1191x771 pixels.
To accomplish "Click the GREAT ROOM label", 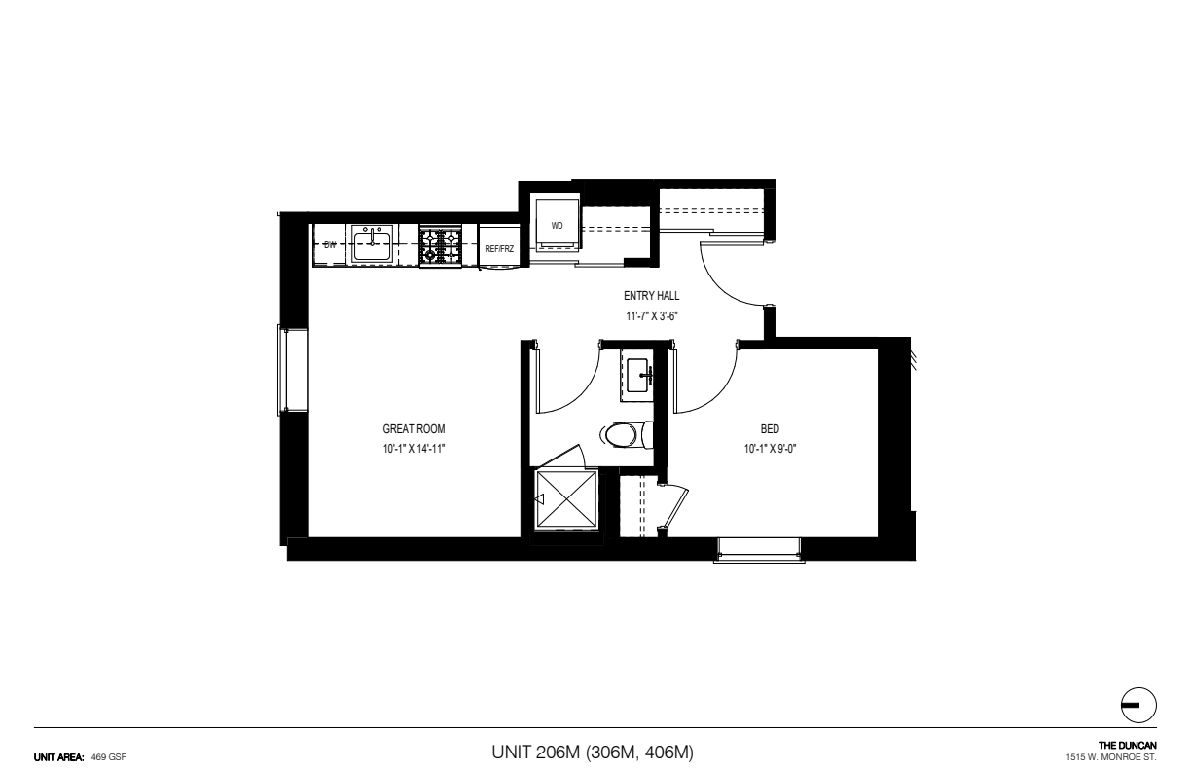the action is point(414,429).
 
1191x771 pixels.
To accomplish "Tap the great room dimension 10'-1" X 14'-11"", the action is point(414,449).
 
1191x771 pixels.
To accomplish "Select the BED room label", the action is point(770,429).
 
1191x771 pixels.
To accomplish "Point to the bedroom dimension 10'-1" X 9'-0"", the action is point(770,449).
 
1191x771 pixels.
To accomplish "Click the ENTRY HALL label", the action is point(651,296).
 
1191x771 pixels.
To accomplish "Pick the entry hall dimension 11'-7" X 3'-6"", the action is point(651,316).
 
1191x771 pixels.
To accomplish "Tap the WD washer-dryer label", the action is point(557,226).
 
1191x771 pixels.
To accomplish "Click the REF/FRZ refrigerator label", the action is point(499,249).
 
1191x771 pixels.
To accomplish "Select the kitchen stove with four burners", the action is point(440,245).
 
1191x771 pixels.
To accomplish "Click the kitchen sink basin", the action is point(372,244).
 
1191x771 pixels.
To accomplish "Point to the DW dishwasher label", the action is point(330,245).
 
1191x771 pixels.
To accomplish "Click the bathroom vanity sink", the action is point(637,375).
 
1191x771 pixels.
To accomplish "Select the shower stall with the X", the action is point(566,499).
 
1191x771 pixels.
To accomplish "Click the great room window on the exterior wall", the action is point(293,370).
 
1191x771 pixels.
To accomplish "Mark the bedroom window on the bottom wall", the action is point(759,550).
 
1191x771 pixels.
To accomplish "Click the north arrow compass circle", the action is point(1138,705).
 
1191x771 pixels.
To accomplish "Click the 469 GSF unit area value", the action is point(109,757).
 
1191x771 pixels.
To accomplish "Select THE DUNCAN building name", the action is point(1128,746).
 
